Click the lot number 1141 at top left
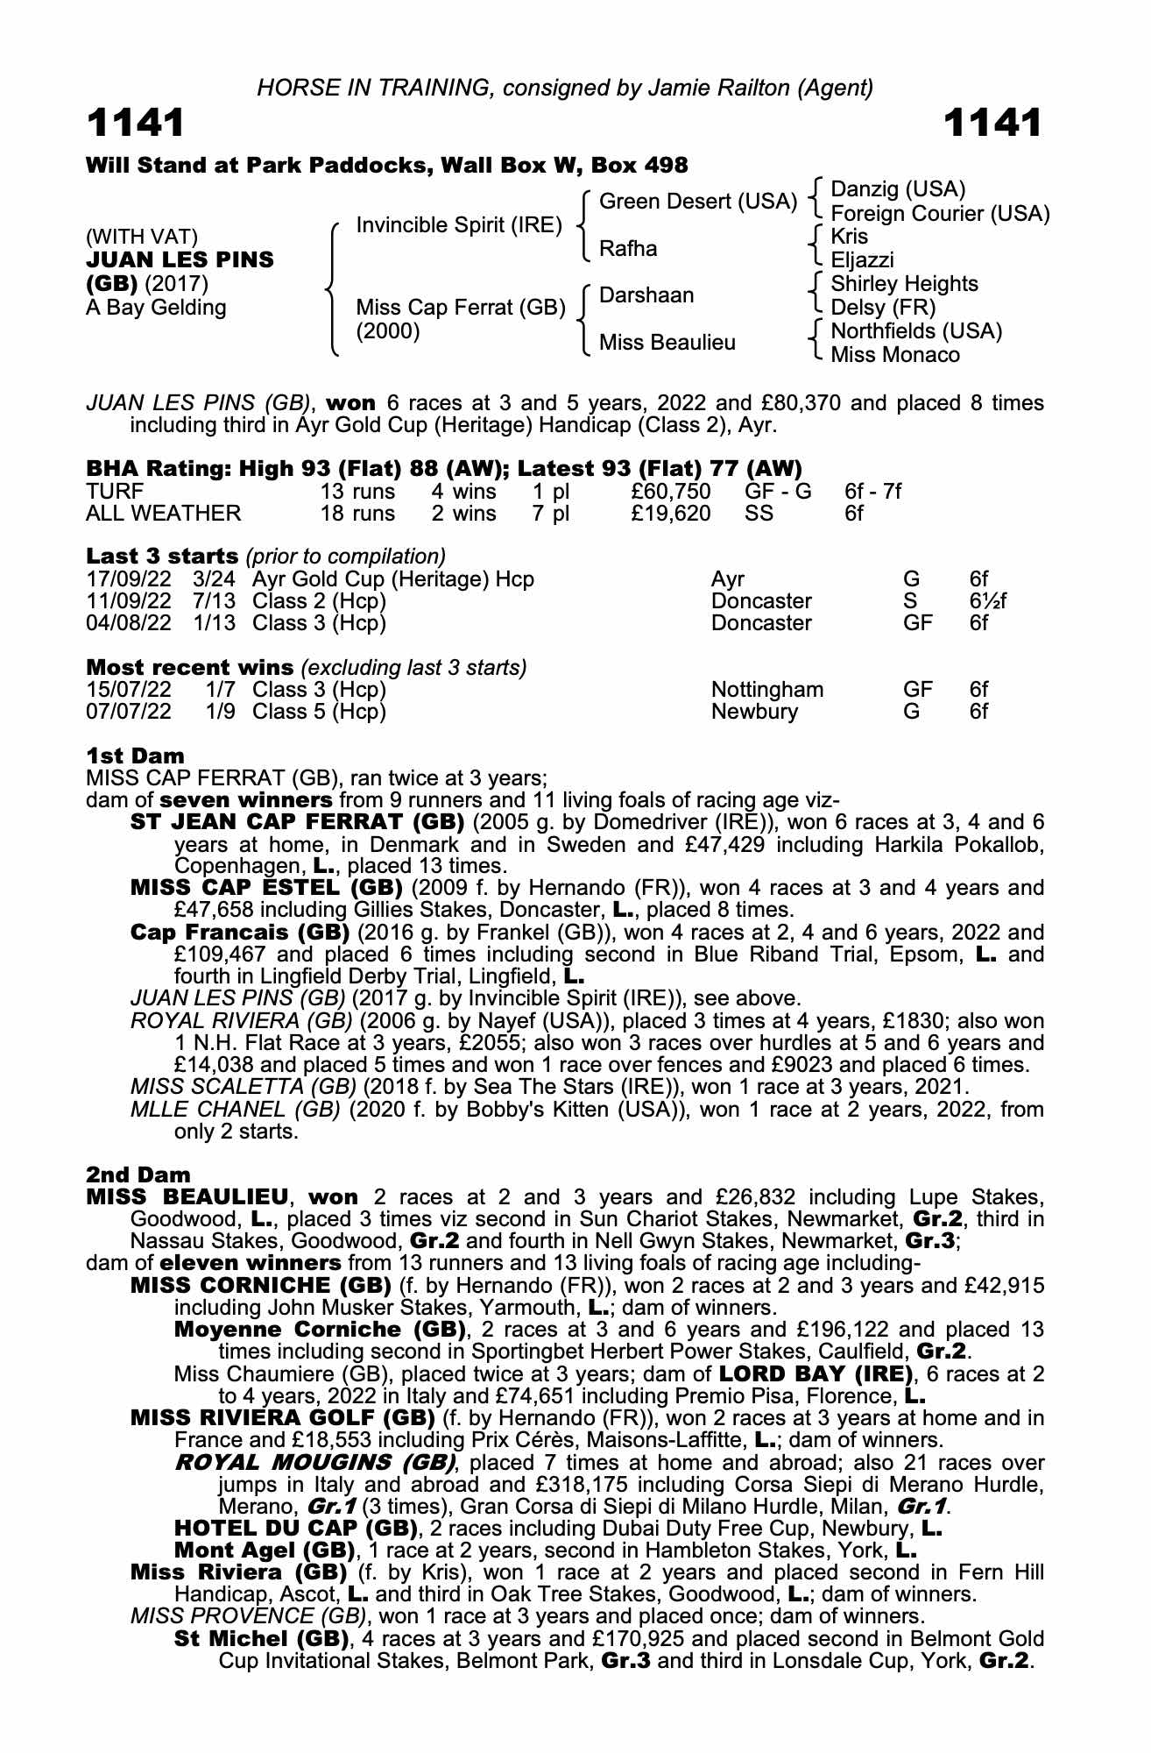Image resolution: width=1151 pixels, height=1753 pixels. click(136, 123)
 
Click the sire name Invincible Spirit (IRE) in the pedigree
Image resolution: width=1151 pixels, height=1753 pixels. click(458, 225)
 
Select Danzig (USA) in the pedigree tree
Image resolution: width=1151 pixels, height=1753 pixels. click(897, 189)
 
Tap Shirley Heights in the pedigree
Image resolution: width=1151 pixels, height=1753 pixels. click(904, 284)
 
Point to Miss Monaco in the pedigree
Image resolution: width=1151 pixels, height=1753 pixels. click(894, 355)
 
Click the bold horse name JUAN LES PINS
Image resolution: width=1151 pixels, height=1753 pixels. click(180, 260)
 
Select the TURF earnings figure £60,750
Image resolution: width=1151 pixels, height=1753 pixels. click(671, 492)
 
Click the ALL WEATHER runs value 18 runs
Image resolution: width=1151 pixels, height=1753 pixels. click(357, 514)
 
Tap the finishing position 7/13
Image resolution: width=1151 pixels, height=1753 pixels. click(218, 601)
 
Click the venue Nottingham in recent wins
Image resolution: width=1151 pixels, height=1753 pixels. click(767, 690)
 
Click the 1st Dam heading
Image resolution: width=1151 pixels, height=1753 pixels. click(135, 755)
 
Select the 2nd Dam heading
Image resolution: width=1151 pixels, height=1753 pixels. click(138, 1174)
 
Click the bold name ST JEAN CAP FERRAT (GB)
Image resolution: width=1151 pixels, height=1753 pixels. click(297, 823)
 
